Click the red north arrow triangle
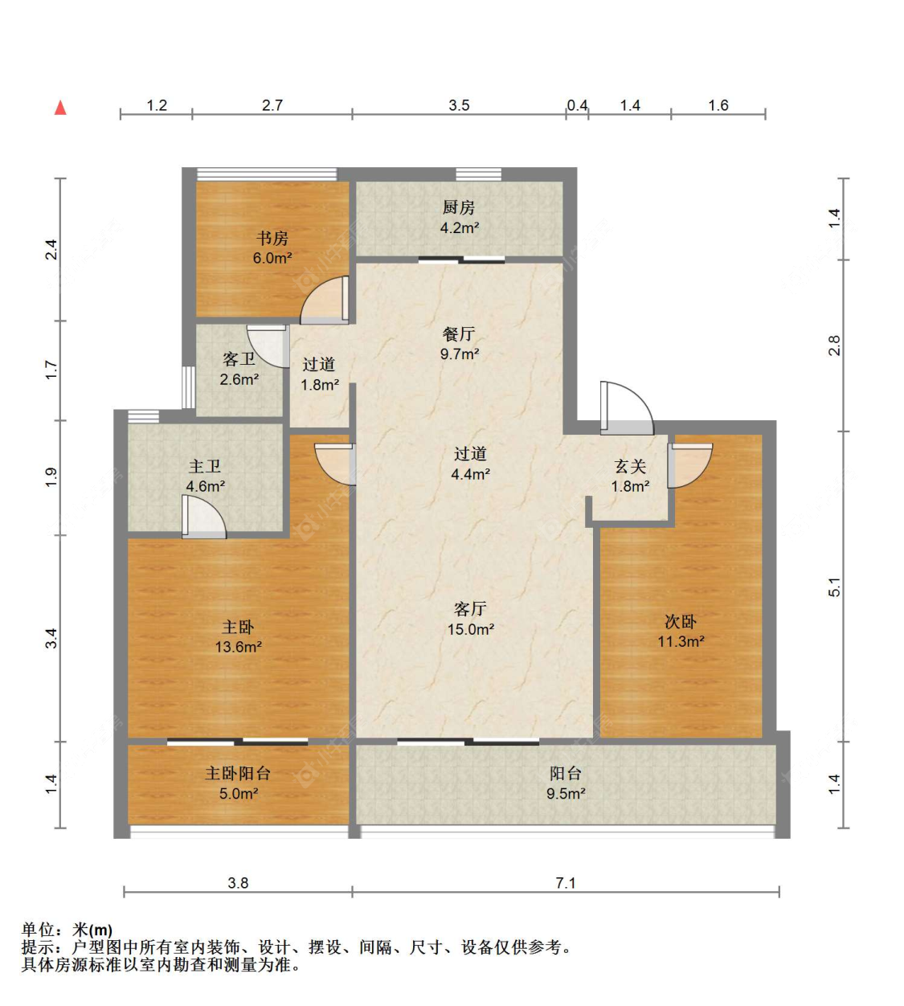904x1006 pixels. pyautogui.click(x=60, y=108)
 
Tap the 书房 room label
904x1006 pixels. pyautogui.click(x=272, y=239)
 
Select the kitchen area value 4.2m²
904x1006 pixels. pyautogui.click(x=460, y=228)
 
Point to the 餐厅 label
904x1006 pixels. pyautogui.click(x=459, y=334)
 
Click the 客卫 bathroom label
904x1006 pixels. pyautogui.click(x=239, y=359)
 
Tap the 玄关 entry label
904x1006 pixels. pyautogui.click(x=630, y=466)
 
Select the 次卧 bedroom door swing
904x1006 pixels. pyautogui.click(x=690, y=465)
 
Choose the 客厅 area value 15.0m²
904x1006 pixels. pyautogui.click(x=470, y=629)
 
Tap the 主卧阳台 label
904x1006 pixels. pyautogui.click(x=238, y=773)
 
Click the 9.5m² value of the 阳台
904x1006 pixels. pyautogui.click(x=566, y=794)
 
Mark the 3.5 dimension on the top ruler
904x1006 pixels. pyautogui.click(x=459, y=105)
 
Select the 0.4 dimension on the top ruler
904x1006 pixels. pyautogui.click(x=577, y=105)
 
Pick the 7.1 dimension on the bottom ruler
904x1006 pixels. pyautogui.click(x=565, y=898)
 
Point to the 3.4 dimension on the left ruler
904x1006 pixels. pyautogui.click(x=51, y=638)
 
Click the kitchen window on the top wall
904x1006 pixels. pyautogui.click(x=478, y=174)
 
